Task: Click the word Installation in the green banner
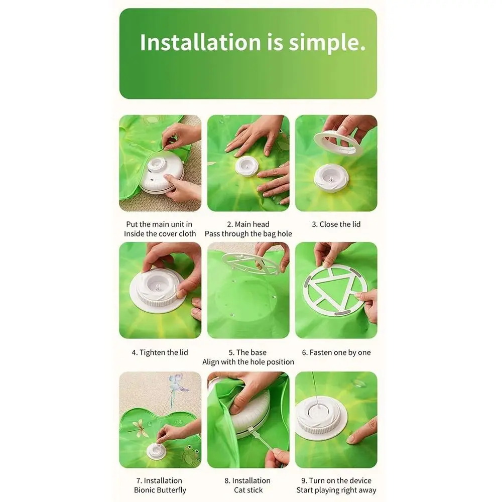(200, 42)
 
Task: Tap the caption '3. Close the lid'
(336, 224)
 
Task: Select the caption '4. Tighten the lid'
(160, 352)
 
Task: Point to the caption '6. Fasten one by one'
(336, 352)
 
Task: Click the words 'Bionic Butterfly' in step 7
(160, 490)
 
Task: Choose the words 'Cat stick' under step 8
(248, 490)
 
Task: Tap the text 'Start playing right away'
(336, 490)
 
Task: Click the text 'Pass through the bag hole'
(248, 234)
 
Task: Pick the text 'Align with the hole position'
(248, 362)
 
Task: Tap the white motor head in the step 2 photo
(246, 166)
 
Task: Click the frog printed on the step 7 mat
(190, 454)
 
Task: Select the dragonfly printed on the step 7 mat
(142, 427)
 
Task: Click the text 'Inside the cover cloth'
(160, 234)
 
